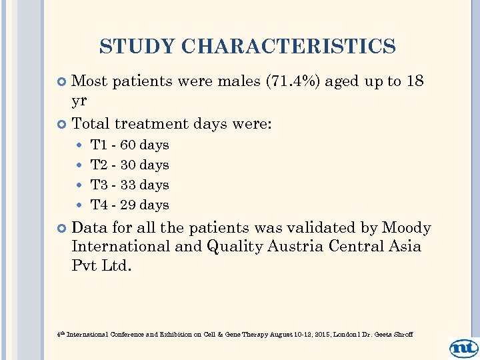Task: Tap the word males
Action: coord(239,82)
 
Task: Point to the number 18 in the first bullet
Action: coord(415,82)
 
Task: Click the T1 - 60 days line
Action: coord(129,145)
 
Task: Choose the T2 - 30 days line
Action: coord(129,165)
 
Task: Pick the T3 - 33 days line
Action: coord(129,185)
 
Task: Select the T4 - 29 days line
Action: coord(129,205)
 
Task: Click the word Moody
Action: coord(406,228)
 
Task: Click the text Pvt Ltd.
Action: coord(101,265)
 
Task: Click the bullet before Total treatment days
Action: coord(62,124)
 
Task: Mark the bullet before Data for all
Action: coord(62,229)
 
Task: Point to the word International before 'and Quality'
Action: coord(121,247)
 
